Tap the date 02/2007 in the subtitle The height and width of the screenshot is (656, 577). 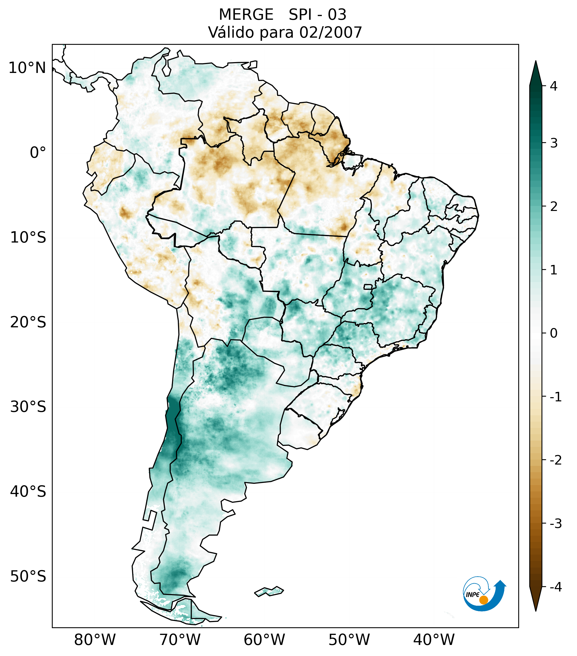pos(331,32)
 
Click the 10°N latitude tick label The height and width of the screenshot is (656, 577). pos(27,68)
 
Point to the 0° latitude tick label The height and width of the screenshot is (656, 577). pos(38,153)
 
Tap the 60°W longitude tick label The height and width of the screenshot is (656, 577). pos(264,640)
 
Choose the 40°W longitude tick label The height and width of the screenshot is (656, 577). pos(434,640)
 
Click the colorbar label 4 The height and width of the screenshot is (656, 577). pos(554,86)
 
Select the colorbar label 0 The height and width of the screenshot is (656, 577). pos(554,333)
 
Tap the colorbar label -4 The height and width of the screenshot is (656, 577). pos(555,587)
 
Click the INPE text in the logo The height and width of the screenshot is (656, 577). pos(472,595)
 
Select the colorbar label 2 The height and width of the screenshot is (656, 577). pos(554,207)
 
